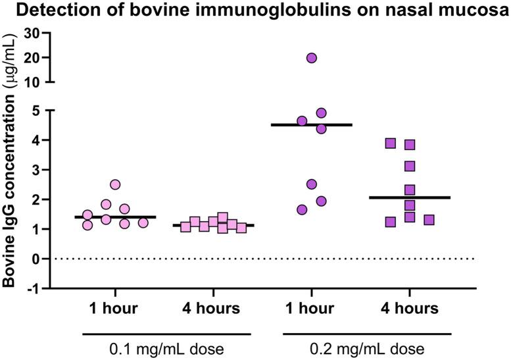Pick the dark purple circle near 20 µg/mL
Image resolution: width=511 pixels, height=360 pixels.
point(312,58)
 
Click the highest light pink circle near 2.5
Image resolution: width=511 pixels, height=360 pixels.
point(115,185)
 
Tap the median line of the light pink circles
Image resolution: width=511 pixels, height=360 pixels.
point(115,217)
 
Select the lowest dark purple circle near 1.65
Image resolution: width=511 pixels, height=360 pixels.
point(302,210)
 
